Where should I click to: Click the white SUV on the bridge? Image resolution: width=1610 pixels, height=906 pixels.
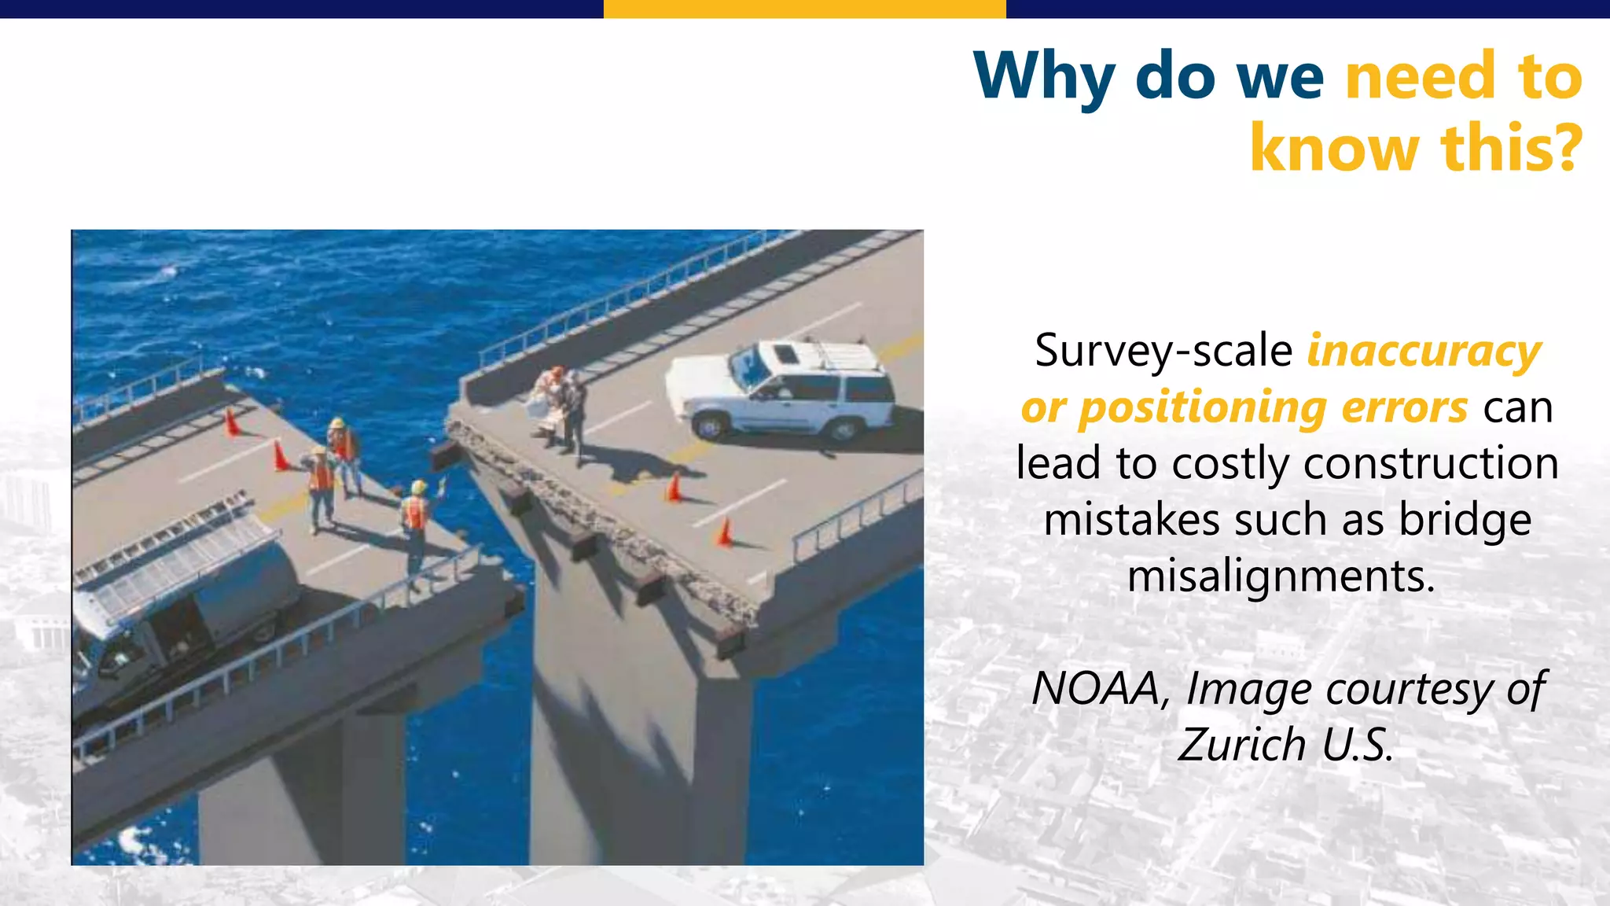click(x=782, y=389)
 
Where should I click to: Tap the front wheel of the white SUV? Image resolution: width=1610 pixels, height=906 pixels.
click(x=710, y=426)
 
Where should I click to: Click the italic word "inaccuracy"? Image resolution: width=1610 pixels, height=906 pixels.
click(x=1424, y=351)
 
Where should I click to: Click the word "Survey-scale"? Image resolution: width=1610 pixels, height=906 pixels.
click(x=1163, y=351)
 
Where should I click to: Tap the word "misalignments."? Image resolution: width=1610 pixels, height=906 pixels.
click(x=1281, y=576)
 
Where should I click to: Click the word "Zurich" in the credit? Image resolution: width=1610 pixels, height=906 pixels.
click(x=1242, y=745)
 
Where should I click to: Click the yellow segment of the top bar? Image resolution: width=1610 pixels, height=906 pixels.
click(x=804, y=9)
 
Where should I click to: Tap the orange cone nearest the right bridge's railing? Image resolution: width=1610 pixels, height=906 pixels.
click(x=724, y=532)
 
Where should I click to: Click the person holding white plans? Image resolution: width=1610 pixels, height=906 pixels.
click(x=550, y=401)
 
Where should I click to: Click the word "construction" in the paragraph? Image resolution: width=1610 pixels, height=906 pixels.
click(x=1431, y=464)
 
